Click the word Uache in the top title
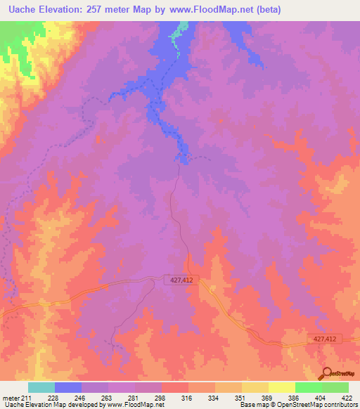(x=19, y=10)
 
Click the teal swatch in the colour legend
(x=41, y=387)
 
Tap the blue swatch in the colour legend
(x=68, y=387)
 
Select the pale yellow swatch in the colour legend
(x=282, y=387)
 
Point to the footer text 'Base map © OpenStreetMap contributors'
(x=297, y=405)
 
